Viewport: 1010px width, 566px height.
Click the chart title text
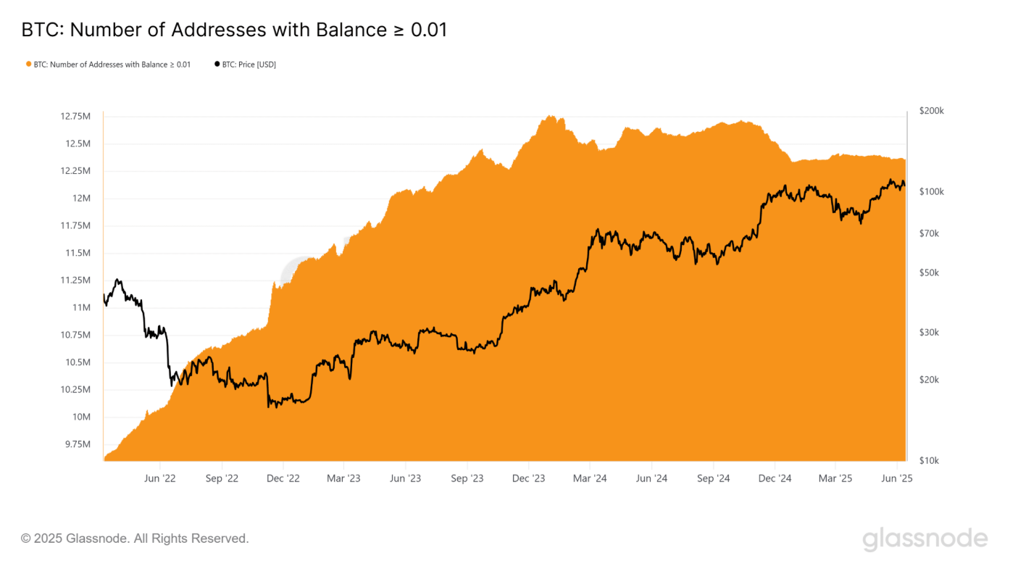pyautogui.click(x=234, y=30)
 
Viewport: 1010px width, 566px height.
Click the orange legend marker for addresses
pyautogui.click(x=28, y=64)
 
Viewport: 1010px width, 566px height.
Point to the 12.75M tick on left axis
pyautogui.click(x=75, y=116)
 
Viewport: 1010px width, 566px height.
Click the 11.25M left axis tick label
pyautogui.click(x=75, y=280)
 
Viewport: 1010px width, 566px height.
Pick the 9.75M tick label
pyautogui.click(x=77, y=444)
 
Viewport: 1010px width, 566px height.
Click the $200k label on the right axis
pyautogui.click(x=931, y=111)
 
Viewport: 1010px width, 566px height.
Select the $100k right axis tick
pyautogui.click(x=931, y=191)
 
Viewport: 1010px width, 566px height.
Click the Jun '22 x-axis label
pyautogui.click(x=160, y=478)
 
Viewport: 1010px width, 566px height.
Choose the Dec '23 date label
pyautogui.click(x=528, y=478)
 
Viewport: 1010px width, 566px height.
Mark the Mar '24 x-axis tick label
pyautogui.click(x=590, y=478)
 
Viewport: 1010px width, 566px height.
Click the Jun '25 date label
pyautogui.click(x=897, y=478)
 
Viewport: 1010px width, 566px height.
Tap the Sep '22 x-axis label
pyautogui.click(x=222, y=478)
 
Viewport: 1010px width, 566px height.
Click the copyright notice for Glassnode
pyautogui.click(x=135, y=538)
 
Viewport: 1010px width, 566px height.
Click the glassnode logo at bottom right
pyautogui.click(x=925, y=539)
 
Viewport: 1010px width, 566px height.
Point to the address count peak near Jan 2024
pyautogui.click(x=551, y=116)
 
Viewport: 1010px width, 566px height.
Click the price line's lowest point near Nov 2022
pyautogui.click(x=270, y=407)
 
